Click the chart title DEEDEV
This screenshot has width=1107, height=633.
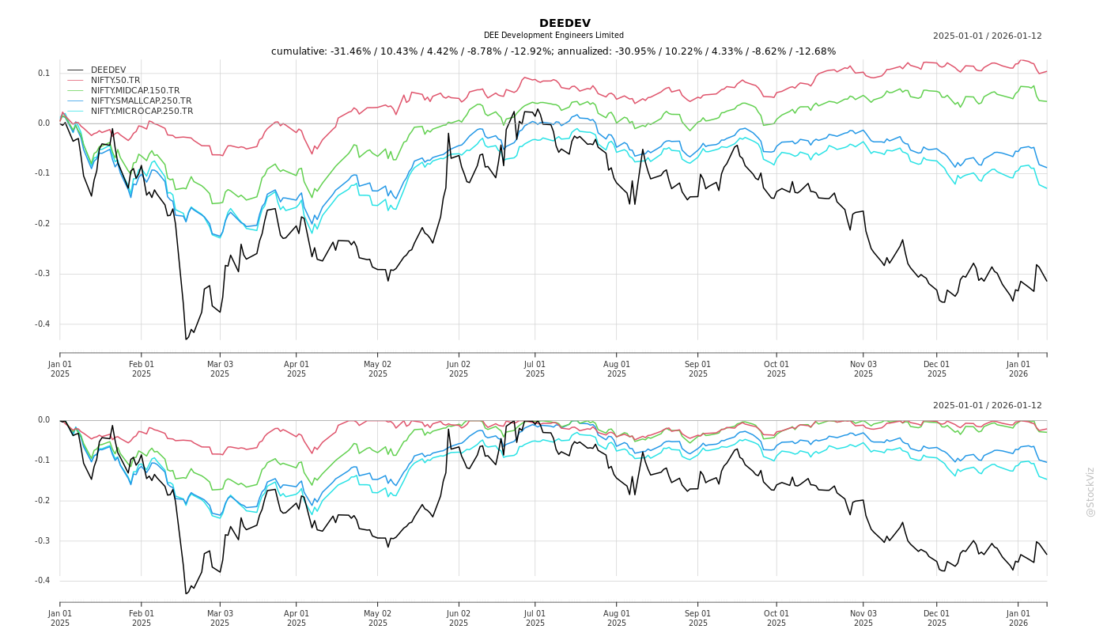coord(565,23)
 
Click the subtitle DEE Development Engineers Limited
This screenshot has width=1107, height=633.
coord(553,36)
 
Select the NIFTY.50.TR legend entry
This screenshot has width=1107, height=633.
coord(115,80)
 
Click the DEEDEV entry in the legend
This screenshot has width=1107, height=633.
coord(108,70)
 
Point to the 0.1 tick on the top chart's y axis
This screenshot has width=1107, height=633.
coord(43,74)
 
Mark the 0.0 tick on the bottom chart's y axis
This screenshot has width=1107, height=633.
coord(43,420)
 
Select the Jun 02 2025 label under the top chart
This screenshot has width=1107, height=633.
coord(459,370)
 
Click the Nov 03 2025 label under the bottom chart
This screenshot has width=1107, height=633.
coord(863,618)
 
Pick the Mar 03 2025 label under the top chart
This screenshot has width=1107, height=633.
coord(220,370)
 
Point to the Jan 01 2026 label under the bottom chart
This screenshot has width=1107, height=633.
coord(1018,618)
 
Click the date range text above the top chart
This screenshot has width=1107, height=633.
coord(987,36)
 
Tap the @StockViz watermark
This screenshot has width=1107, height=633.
coord(1090,492)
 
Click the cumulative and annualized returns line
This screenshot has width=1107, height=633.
coord(553,51)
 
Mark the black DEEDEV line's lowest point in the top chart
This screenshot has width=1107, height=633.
coord(186,339)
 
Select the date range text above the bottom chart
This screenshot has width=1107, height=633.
coord(987,405)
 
